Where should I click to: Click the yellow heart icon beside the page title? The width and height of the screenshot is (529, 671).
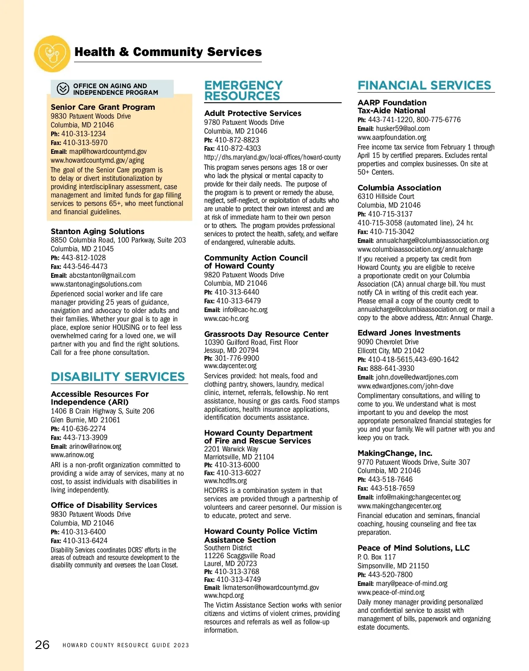[52, 54]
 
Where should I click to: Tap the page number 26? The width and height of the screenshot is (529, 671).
[42, 645]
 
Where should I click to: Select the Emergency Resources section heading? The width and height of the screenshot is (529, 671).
[243, 90]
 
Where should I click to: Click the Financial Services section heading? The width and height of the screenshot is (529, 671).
[424, 85]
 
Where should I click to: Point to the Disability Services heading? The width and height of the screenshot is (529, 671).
[118, 377]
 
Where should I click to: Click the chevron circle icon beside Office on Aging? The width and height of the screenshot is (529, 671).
[63, 89]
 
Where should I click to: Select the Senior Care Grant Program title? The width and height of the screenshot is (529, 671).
[103, 107]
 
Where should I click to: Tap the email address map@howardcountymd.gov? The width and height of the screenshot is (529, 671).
[108, 152]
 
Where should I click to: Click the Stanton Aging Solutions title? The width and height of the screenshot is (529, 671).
[97, 231]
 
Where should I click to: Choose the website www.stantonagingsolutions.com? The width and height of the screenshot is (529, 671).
[96, 284]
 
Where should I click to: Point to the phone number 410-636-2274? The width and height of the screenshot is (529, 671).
[83, 429]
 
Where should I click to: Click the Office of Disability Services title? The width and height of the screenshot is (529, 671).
[104, 505]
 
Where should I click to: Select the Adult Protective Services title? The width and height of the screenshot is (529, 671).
[253, 113]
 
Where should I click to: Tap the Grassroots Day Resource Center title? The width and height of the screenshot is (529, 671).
[266, 334]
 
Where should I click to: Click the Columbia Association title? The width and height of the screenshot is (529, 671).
[399, 188]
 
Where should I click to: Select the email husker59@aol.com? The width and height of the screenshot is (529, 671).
[402, 129]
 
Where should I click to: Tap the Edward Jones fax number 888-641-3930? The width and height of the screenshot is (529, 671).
[392, 368]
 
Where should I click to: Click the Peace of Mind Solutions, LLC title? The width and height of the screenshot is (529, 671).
[414, 548]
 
